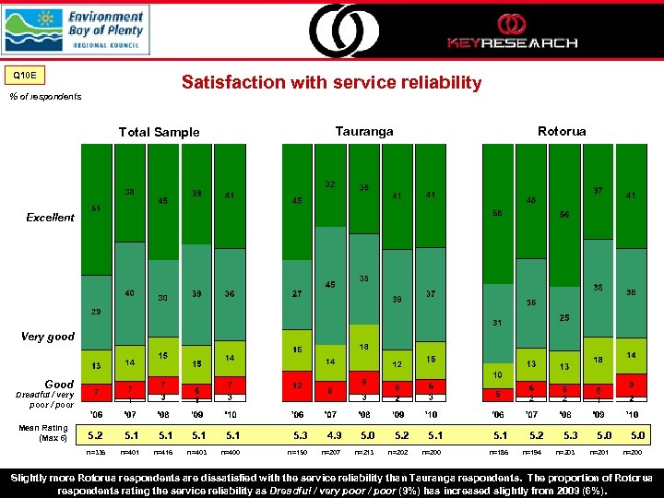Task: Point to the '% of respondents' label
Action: [45, 96]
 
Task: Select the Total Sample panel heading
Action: [159, 132]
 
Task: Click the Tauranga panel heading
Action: [364, 132]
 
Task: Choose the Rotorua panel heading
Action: [562, 132]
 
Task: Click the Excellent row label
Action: [50, 218]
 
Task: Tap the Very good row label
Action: [47, 337]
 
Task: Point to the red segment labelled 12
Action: [297, 385]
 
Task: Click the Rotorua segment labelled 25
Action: [564, 317]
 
